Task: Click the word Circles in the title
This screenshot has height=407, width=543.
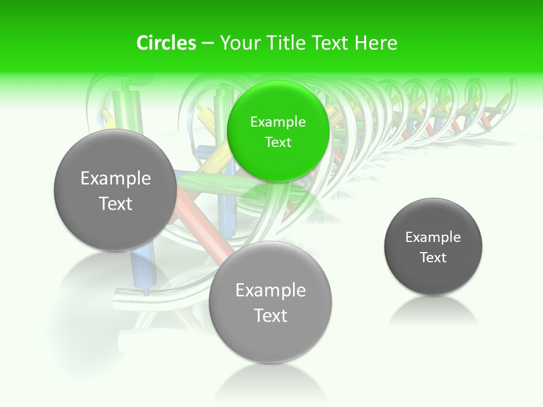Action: click(x=166, y=43)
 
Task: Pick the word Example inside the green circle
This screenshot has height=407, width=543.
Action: click(x=278, y=122)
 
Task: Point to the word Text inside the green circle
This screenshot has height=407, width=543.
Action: click(x=278, y=142)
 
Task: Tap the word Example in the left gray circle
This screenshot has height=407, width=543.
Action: click(x=115, y=179)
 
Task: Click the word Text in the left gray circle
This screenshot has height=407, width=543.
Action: click(x=115, y=203)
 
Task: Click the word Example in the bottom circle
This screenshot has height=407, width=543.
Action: click(x=270, y=291)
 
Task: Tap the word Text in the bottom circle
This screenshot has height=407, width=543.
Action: click(x=270, y=315)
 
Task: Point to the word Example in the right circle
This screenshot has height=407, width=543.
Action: click(x=433, y=237)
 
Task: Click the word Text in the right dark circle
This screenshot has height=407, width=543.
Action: click(x=433, y=257)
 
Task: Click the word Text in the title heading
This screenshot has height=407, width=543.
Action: click(x=330, y=43)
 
